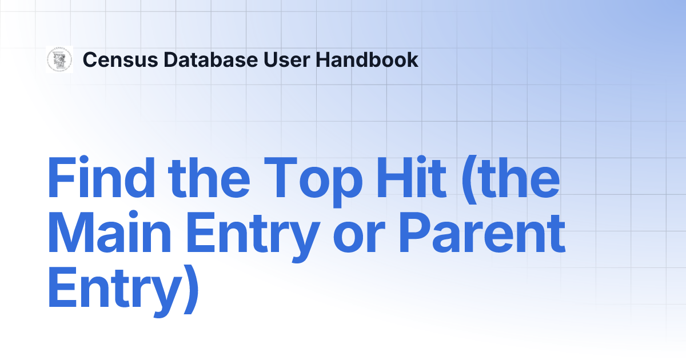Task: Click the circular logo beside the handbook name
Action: (59, 59)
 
